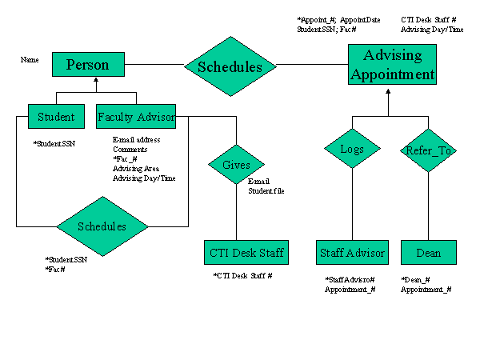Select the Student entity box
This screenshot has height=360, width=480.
click(56, 117)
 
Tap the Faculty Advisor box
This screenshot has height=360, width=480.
click(136, 117)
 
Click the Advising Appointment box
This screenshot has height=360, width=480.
click(392, 66)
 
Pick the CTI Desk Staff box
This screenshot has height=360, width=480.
click(245, 253)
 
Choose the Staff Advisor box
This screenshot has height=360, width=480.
click(352, 253)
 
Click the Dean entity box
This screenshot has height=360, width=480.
click(428, 253)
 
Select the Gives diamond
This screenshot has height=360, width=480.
click(236, 166)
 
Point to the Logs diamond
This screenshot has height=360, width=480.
click(352, 149)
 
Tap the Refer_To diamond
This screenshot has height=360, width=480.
click(427, 149)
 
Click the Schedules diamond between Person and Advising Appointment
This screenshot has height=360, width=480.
click(230, 67)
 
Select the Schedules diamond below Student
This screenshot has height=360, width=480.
click(102, 226)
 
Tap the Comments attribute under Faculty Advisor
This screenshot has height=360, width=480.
click(130, 149)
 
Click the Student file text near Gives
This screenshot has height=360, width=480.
click(266, 191)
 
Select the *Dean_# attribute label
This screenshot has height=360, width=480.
click(416, 280)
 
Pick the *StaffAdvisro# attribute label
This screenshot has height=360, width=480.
click(350, 280)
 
